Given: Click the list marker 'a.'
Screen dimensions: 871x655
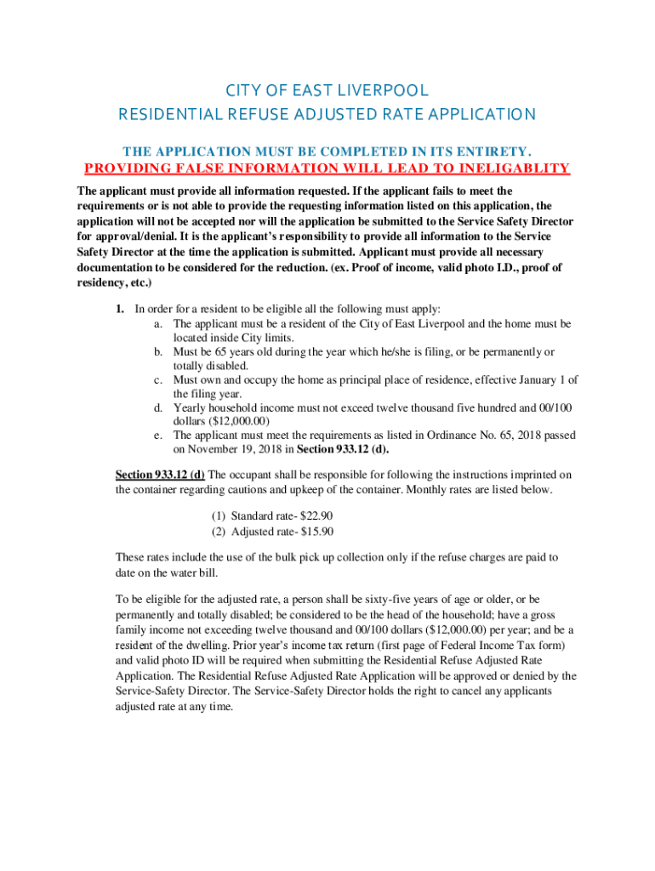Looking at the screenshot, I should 159,324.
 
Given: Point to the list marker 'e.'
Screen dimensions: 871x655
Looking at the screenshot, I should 159,435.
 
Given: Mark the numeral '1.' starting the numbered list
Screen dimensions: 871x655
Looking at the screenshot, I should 121,309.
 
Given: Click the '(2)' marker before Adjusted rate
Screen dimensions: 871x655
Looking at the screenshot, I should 219,532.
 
